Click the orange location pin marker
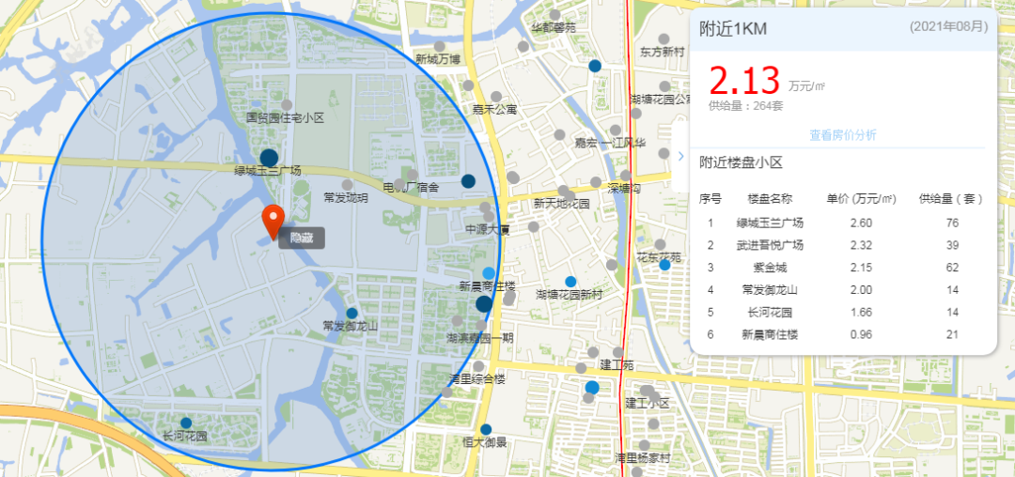pos(272,221)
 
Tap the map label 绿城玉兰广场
pos(268,171)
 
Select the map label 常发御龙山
pos(350,326)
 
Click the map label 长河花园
pos(184,437)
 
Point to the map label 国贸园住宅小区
pos(285,118)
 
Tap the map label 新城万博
pos(438,59)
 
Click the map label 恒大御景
pos(485,442)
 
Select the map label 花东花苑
pos(659,257)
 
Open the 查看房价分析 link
pos(843,135)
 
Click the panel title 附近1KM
pos(733,29)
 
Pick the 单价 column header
pos(859,199)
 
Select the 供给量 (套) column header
pos(951,199)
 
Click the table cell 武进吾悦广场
pos(770,245)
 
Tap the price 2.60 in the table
pos(860,223)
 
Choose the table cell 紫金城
pos(770,268)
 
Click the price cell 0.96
pos(860,335)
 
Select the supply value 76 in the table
pos(951,223)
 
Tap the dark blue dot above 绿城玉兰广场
pos(269,157)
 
